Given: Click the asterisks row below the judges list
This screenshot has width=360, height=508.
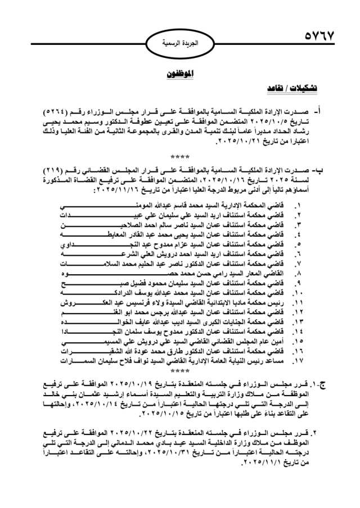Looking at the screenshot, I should [179, 371].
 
